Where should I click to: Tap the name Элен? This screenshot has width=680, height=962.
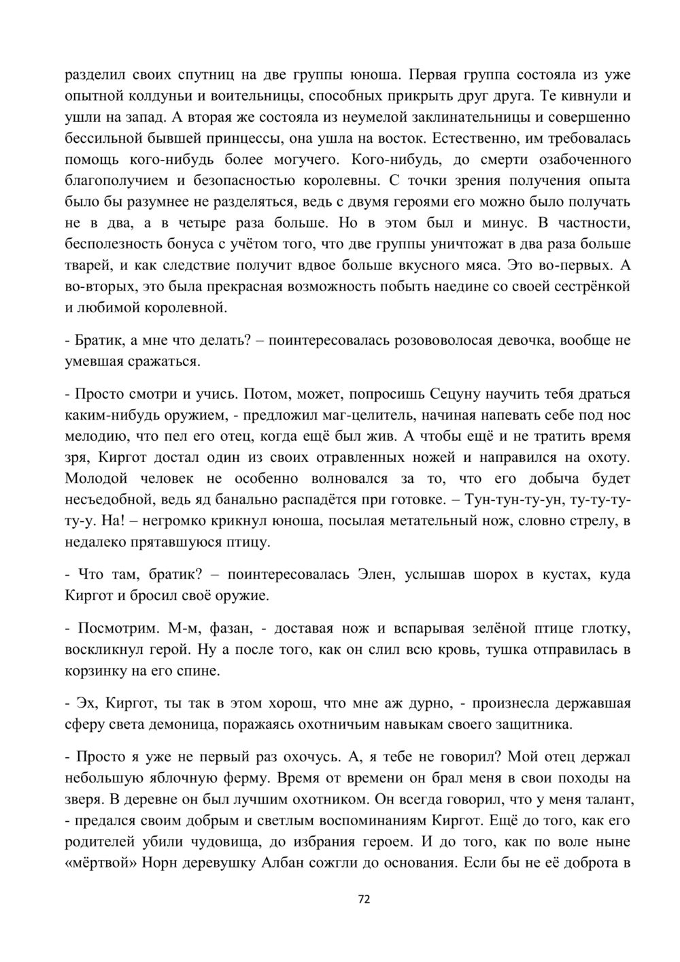point(375,574)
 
